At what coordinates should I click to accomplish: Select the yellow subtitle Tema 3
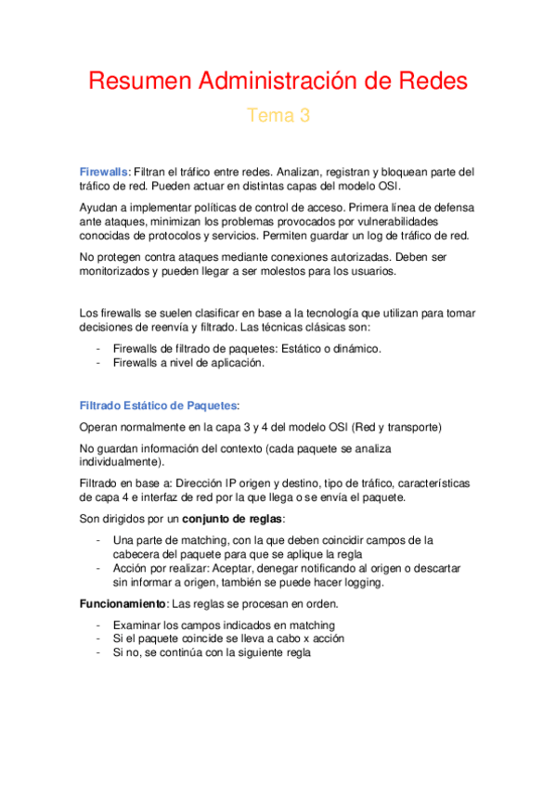278,116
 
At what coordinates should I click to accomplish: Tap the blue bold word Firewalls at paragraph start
105,172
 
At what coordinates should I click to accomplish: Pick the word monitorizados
123,272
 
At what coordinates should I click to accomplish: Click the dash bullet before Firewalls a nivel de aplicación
98,363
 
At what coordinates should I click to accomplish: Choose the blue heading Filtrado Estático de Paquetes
158,406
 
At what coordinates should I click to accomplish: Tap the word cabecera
139,554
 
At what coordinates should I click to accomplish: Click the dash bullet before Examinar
98,625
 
